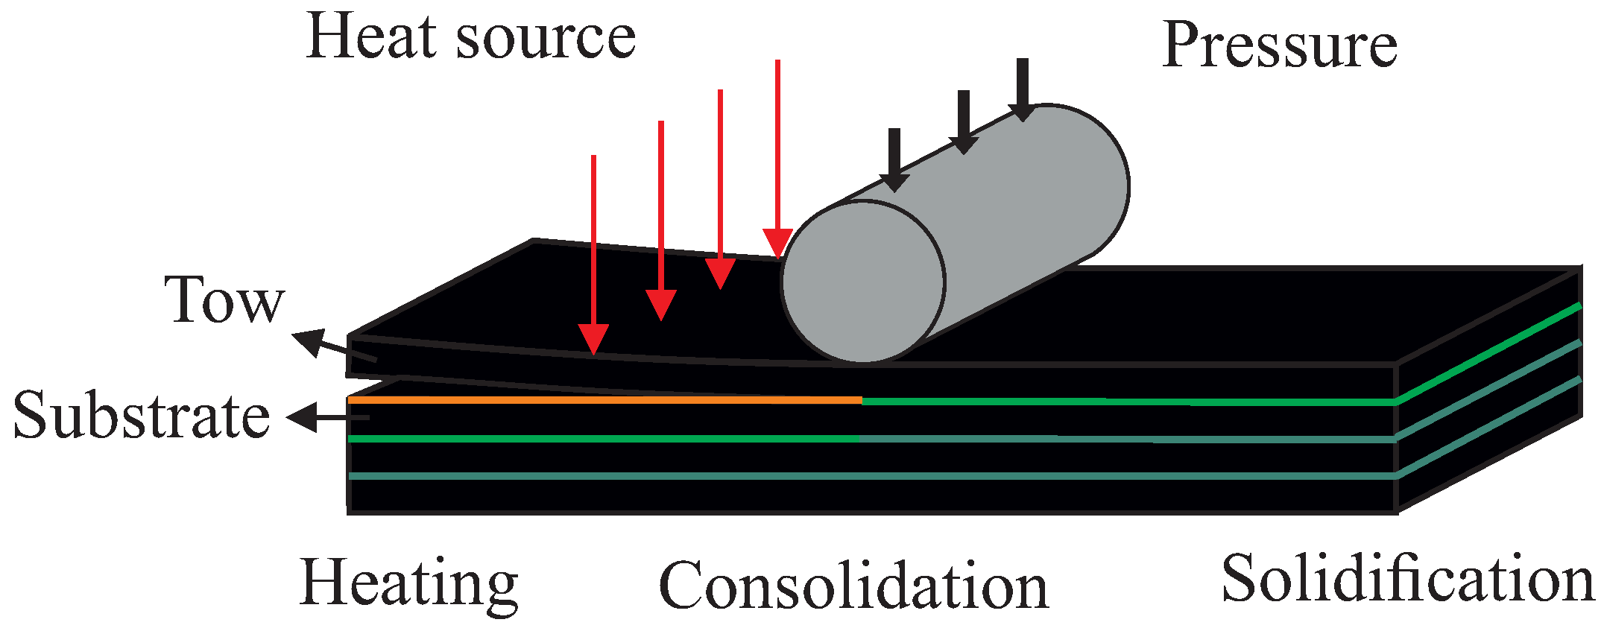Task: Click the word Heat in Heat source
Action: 370,37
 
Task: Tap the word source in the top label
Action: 546,39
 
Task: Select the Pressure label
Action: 1279,45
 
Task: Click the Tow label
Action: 224,300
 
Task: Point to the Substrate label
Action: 142,416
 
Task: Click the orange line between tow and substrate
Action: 604,400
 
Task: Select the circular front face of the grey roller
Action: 863,282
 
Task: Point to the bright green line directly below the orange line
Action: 604,439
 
